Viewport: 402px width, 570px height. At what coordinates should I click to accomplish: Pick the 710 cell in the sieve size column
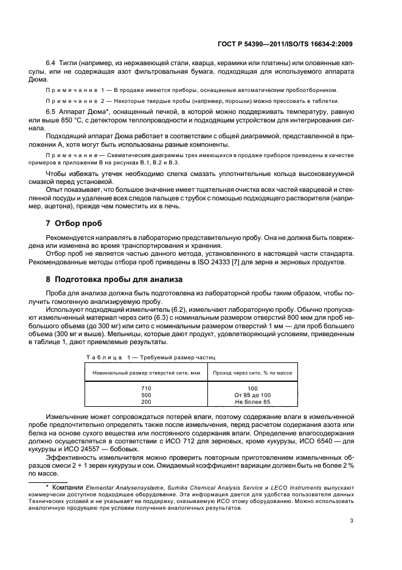pos(146,388)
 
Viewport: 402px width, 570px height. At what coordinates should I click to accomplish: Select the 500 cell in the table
pos(146,395)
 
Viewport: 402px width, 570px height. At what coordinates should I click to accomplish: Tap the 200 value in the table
pos(146,402)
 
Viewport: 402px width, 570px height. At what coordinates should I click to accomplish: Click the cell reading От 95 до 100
pos(252,395)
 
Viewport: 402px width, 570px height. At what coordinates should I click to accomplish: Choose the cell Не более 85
pos(252,402)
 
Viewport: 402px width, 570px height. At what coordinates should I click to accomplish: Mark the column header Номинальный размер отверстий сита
pos(146,371)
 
